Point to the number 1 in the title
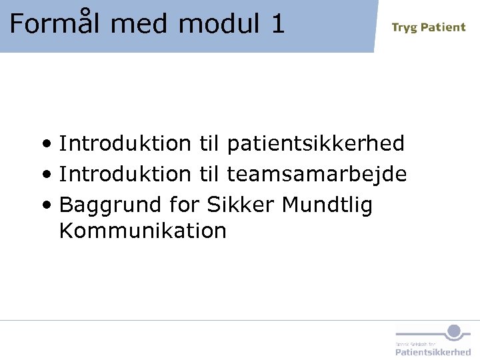tap(277, 24)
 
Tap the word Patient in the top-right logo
tap(443, 27)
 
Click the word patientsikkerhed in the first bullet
tap(315, 144)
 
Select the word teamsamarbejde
tap(317, 174)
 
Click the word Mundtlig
tap(327, 205)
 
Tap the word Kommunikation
tap(143, 231)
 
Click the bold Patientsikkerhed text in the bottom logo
tap(433, 351)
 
